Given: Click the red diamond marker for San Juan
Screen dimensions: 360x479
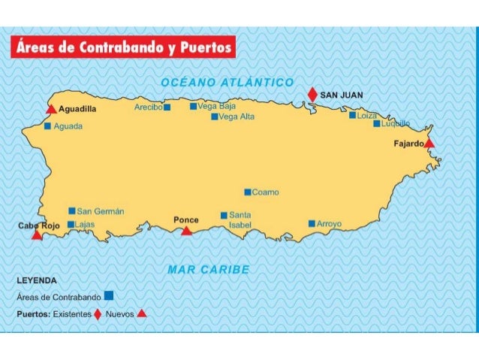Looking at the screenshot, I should pos(312,94).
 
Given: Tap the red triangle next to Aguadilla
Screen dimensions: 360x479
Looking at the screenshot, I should pos(51,110).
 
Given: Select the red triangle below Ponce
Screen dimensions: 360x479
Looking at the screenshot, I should pos(186,231).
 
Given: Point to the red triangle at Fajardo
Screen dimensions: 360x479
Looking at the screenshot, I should pos(429,143).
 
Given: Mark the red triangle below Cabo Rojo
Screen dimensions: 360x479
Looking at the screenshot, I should pos(37,235).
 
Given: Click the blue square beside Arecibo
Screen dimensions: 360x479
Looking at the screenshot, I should pos(167,107).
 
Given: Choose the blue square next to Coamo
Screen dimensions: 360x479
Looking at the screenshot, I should pos(248,192).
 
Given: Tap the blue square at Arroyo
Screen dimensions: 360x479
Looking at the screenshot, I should pos(312,223).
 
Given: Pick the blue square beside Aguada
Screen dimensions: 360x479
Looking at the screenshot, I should pos(47,126).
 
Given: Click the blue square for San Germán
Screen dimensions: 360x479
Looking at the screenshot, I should pos(71,211).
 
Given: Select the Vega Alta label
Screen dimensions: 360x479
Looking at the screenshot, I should pos(236,116).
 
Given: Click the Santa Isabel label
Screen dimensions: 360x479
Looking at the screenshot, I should pos(240,219).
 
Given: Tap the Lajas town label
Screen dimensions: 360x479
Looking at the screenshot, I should pos(85,224).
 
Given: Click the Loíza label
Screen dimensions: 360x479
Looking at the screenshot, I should pos(367,116).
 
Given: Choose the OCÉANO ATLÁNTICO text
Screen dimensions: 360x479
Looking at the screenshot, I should pos(227,81).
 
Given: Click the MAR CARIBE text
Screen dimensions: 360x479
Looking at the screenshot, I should pos(209,269).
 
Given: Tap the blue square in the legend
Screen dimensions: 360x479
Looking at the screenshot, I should pos(110,295).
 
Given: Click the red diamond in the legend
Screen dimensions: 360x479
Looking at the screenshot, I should pos(97,313).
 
